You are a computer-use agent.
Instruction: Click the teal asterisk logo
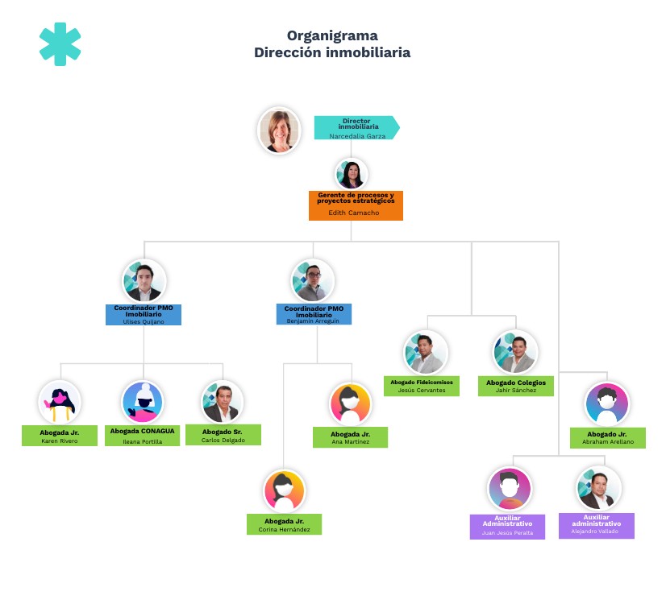60,44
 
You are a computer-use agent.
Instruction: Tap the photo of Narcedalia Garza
279,130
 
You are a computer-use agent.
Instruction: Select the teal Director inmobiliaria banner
356,127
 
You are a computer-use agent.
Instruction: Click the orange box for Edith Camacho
356,205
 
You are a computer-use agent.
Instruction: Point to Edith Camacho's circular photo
352,174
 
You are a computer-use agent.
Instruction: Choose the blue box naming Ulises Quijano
144,314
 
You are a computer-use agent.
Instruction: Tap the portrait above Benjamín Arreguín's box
312,281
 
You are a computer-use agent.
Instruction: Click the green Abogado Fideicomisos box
422,385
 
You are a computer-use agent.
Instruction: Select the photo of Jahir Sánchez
516,352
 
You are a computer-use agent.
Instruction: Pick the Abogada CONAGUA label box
142,435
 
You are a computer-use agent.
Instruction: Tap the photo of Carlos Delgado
222,402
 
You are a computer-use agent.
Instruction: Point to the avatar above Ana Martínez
350,403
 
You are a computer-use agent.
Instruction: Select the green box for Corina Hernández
284,524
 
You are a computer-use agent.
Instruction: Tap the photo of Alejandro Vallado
597,489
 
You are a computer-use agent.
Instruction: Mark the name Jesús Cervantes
422,390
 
